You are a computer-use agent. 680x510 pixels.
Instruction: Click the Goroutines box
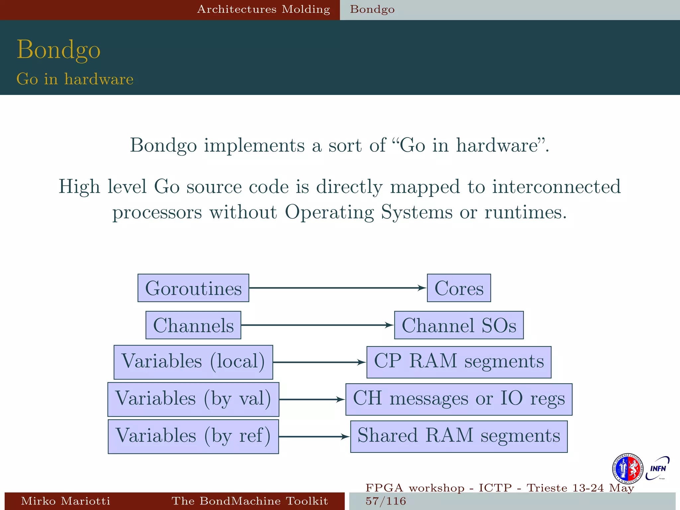coord(193,288)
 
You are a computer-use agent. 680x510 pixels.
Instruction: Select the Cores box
coord(459,288)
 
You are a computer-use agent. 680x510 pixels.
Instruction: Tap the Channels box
coord(193,325)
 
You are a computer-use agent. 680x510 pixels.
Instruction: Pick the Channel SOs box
coord(459,325)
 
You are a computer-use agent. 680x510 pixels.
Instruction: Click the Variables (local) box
coord(193,362)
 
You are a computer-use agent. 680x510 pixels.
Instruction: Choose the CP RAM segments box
coord(459,362)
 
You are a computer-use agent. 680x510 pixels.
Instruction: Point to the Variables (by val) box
coord(193,399)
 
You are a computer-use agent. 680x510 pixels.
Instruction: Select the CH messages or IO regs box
coord(459,399)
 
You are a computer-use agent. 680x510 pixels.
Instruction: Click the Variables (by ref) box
coord(193,437)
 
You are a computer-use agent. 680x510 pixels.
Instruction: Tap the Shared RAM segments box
coord(459,437)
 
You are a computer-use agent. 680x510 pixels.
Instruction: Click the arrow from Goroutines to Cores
coord(337,288)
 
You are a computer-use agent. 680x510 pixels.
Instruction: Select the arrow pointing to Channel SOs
coord(317,325)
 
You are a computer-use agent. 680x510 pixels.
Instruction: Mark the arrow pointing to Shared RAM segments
coord(314,437)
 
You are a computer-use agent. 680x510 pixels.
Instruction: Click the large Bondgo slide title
coord(58,50)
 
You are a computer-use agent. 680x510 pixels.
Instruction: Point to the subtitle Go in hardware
coord(75,79)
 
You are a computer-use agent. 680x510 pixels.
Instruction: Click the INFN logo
coord(658,468)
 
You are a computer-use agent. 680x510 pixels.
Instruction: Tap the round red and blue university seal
coord(627,469)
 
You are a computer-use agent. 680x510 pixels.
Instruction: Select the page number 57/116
coord(386,501)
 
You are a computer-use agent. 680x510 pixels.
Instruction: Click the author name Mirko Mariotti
coord(65,501)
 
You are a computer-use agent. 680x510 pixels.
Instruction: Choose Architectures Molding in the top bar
coord(264,9)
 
